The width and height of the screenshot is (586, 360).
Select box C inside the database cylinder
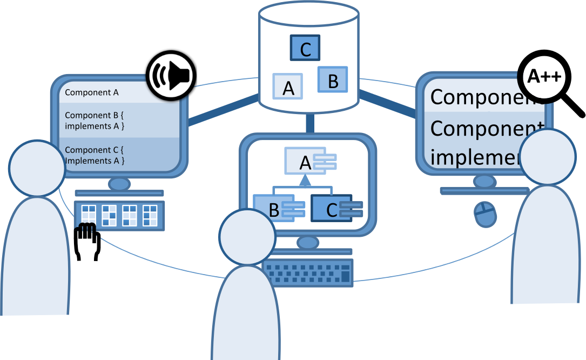[x=305, y=48]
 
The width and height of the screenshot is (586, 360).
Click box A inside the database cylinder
[x=288, y=86]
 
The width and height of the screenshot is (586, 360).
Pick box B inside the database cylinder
[x=332, y=80]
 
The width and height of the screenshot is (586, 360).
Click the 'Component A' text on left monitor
[x=91, y=92]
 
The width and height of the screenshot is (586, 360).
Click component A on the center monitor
[x=306, y=161]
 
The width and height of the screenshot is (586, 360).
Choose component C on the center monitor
[x=332, y=209]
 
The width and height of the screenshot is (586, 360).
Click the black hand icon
[x=87, y=242]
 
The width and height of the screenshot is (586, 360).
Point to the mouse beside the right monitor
[x=485, y=215]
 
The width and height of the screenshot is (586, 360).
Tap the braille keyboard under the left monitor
[x=119, y=215]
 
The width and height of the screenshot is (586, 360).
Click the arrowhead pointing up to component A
[x=306, y=179]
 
